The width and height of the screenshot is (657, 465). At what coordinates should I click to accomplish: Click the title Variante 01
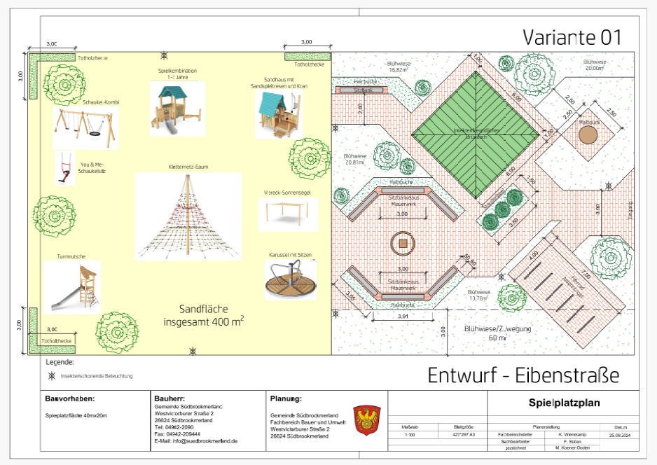pyautogui.click(x=572, y=37)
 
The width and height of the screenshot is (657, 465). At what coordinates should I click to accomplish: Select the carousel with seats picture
pyautogui.click(x=288, y=278)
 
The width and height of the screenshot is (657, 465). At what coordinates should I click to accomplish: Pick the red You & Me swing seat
pyautogui.click(x=64, y=169)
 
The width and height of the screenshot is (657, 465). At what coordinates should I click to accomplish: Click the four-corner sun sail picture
pyautogui.click(x=287, y=214)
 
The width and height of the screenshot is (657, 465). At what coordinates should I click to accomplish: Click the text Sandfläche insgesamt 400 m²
pyautogui.click(x=203, y=316)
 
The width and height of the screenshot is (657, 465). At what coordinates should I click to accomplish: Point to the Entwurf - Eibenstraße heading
pyautogui.click(x=523, y=375)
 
